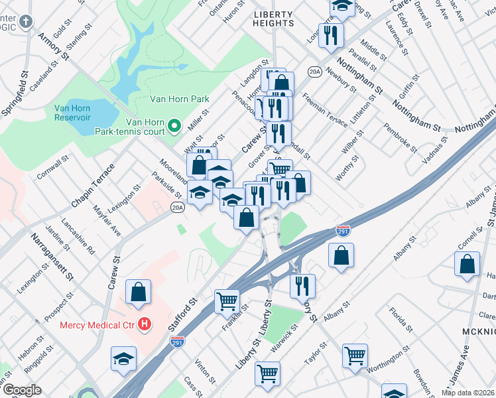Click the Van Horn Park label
click(x=179, y=99)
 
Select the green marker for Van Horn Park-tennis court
click(x=174, y=125)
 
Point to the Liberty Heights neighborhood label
click(x=274, y=18)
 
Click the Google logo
click(x=22, y=390)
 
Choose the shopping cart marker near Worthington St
click(x=355, y=355)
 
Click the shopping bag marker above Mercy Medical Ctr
click(x=139, y=291)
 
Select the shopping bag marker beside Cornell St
click(x=467, y=263)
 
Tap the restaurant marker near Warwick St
click(x=302, y=286)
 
